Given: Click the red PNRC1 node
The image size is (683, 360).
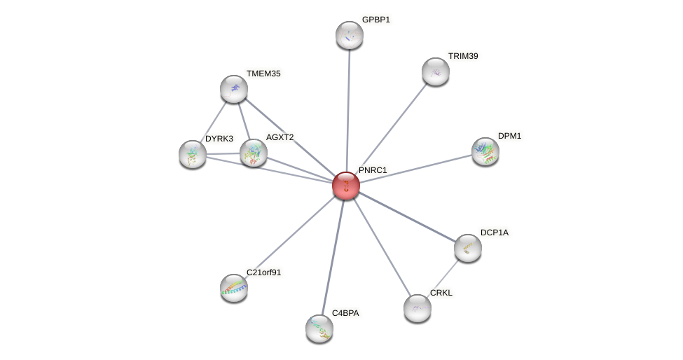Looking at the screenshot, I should click(345, 186).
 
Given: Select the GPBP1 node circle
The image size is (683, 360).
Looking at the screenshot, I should click(349, 35).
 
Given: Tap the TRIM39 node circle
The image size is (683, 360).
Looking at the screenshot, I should click(435, 71).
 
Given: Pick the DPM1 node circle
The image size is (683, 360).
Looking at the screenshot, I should click(485, 151).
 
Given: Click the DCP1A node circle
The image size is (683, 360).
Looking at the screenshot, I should click(467, 247).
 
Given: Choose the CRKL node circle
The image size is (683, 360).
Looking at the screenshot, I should click(417, 307).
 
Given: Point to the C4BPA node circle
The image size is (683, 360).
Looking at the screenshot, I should click(319, 328).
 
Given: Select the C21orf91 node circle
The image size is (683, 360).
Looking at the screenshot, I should click(233, 287).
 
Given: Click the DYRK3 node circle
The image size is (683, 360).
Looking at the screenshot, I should click(192, 154).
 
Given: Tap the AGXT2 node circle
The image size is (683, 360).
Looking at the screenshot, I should click(253, 153).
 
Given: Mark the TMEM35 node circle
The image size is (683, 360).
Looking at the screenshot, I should click(233, 89).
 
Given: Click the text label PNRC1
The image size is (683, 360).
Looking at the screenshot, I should click(372, 170).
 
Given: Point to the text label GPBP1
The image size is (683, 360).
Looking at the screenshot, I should click(375, 20).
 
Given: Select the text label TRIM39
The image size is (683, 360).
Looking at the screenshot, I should click(463, 56).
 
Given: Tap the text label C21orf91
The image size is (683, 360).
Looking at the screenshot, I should click(263, 272).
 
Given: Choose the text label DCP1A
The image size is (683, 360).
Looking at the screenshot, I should click(495, 233).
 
